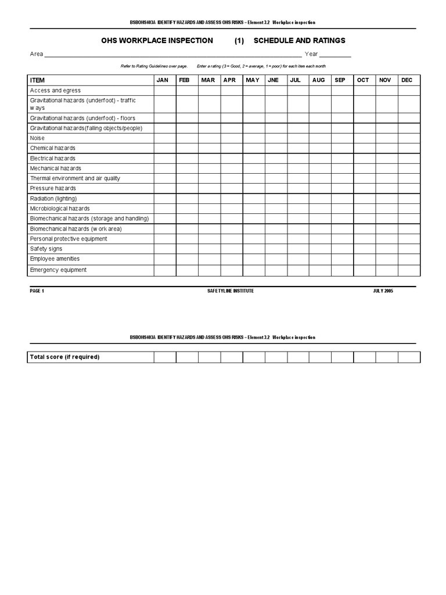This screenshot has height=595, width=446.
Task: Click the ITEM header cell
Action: click(x=37, y=80)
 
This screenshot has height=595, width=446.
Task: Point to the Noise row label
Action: click(x=37, y=138)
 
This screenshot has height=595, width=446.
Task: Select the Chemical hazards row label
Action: click(x=53, y=148)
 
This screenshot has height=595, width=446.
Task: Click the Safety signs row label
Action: click(x=46, y=249)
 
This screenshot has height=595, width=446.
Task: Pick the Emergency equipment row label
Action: click(x=58, y=270)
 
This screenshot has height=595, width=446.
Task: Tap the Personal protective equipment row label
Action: click(x=69, y=239)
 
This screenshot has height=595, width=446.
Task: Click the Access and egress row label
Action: click(x=55, y=91)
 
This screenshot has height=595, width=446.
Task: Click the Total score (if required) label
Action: click(x=64, y=357)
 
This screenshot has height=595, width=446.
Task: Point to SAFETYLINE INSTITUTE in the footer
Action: click(x=231, y=291)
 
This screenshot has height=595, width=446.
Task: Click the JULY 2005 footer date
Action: click(x=383, y=291)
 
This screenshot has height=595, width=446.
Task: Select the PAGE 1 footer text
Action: click(x=37, y=291)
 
